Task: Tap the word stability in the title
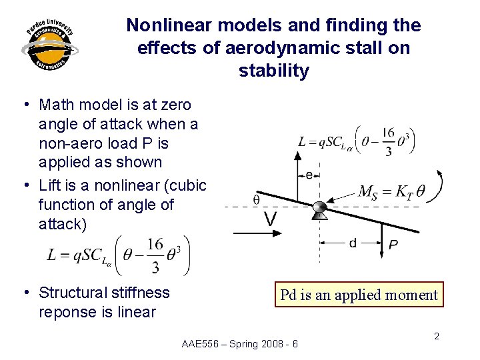coord(273,71)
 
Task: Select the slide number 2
coord(437,336)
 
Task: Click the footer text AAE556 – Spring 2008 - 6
coord(239,344)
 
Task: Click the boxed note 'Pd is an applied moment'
coord(359,295)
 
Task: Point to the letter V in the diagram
coord(270,219)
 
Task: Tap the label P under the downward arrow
coord(393,245)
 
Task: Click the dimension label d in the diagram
coord(352,243)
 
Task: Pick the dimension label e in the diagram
coord(309,175)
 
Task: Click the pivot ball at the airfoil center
coord(319,207)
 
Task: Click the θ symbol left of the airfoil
coord(257,199)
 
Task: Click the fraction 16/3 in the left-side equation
coord(155,255)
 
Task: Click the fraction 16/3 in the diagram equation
coord(388,143)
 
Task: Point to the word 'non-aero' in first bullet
coord(67,143)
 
